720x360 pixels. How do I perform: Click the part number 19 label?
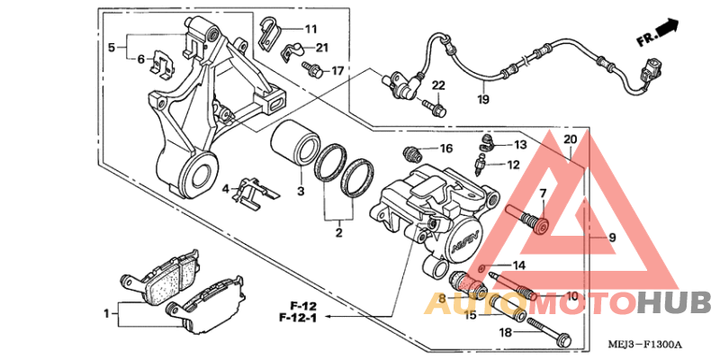coord(482,99)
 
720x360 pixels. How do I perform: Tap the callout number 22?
coord(438,85)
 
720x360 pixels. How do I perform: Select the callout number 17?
coord(337,70)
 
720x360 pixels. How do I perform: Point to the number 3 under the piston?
coord(301,192)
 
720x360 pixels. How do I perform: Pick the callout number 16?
coord(446,148)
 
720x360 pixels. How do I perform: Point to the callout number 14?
coord(518,265)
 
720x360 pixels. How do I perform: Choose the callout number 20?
coord(569,139)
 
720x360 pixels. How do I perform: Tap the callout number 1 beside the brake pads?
coord(107,313)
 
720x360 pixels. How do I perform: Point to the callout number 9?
coord(611,238)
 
